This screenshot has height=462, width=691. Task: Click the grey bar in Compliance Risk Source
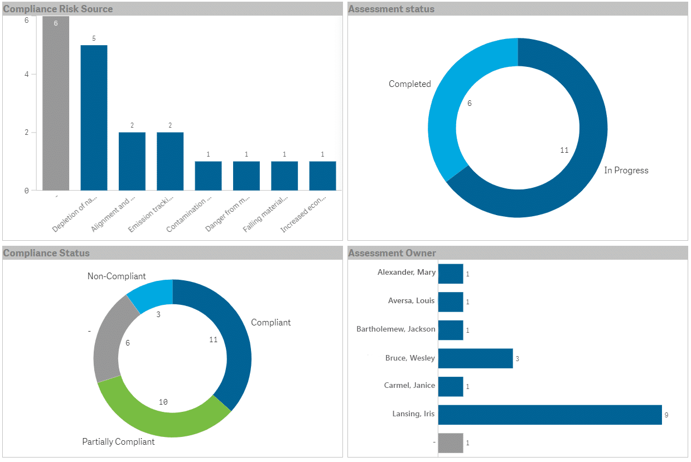pyautogui.click(x=56, y=106)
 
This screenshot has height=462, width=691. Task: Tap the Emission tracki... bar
pyautogui.click(x=170, y=161)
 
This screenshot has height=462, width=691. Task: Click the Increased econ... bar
pyautogui.click(x=322, y=176)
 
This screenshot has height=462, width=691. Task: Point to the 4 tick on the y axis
pyautogui.click(x=27, y=74)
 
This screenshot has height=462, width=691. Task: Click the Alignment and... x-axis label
pyautogui.click(x=110, y=215)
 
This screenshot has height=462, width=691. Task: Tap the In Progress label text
pyautogui.click(x=626, y=171)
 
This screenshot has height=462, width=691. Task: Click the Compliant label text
pyautogui.click(x=270, y=323)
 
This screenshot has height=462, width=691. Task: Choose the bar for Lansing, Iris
pyautogui.click(x=549, y=415)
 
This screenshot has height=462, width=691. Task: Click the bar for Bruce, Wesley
pyautogui.click(x=475, y=358)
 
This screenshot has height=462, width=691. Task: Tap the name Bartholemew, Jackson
pyautogui.click(x=395, y=329)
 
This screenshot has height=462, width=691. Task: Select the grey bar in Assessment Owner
pyautogui.click(x=451, y=443)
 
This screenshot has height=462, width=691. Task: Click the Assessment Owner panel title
pyautogui.click(x=392, y=254)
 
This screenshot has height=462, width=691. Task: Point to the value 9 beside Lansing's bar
pyautogui.click(x=666, y=415)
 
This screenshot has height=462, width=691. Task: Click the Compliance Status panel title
pyautogui.click(x=46, y=254)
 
